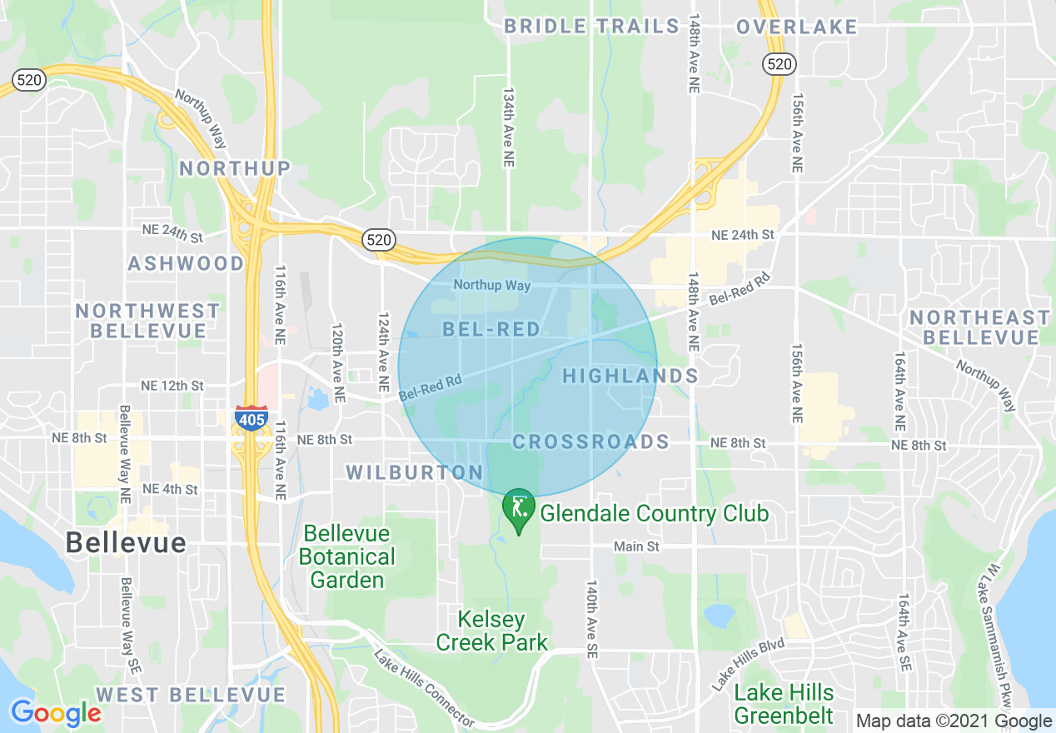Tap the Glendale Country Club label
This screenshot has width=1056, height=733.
(654, 514)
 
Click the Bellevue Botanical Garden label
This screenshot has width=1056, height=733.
(347, 556)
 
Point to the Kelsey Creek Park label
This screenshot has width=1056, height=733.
(492, 631)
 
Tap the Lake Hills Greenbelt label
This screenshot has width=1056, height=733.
(783, 704)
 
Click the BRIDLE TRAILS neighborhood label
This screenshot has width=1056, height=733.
(592, 27)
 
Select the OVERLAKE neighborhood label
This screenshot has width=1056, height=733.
(796, 27)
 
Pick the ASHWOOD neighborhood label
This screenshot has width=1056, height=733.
(186, 264)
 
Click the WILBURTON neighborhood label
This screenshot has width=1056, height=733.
(415, 473)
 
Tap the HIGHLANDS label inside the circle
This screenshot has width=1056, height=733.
(630, 376)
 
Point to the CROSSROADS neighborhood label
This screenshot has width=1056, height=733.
(590, 442)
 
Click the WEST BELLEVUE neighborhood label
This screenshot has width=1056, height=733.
(191, 695)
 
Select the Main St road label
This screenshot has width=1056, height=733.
(636, 547)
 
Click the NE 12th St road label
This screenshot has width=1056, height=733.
(172, 386)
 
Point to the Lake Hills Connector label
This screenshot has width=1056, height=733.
(422, 688)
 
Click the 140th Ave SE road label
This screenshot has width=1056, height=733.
(592, 616)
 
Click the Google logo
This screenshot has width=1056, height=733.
(56, 713)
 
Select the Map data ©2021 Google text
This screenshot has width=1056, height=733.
(954, 721)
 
